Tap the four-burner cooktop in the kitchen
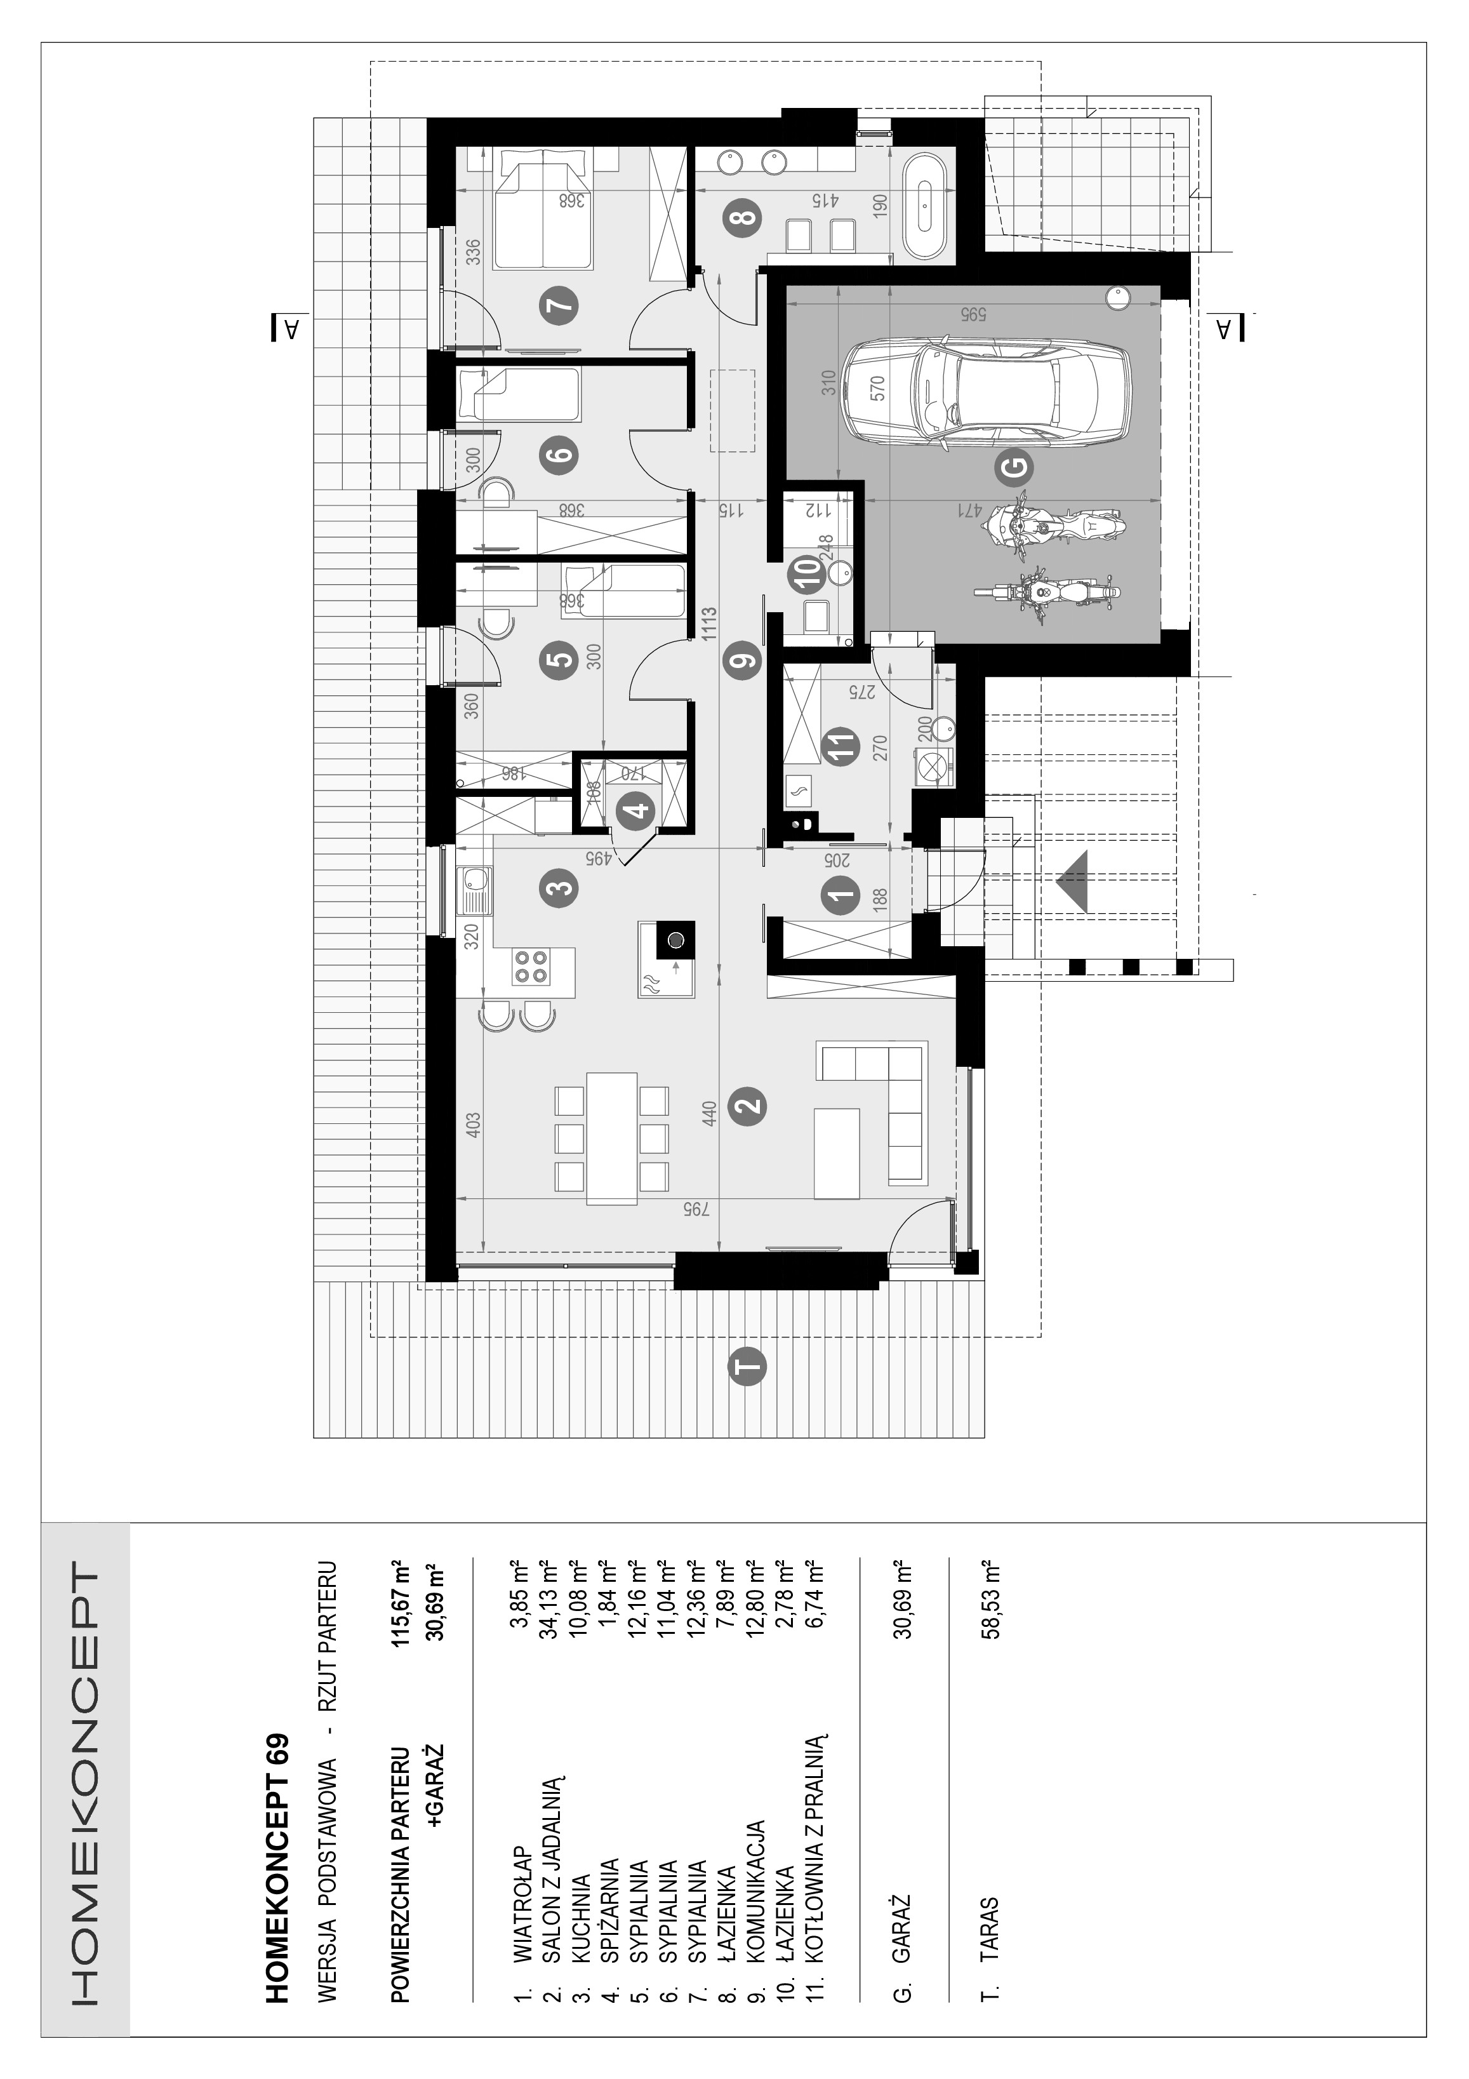pos(530,966)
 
